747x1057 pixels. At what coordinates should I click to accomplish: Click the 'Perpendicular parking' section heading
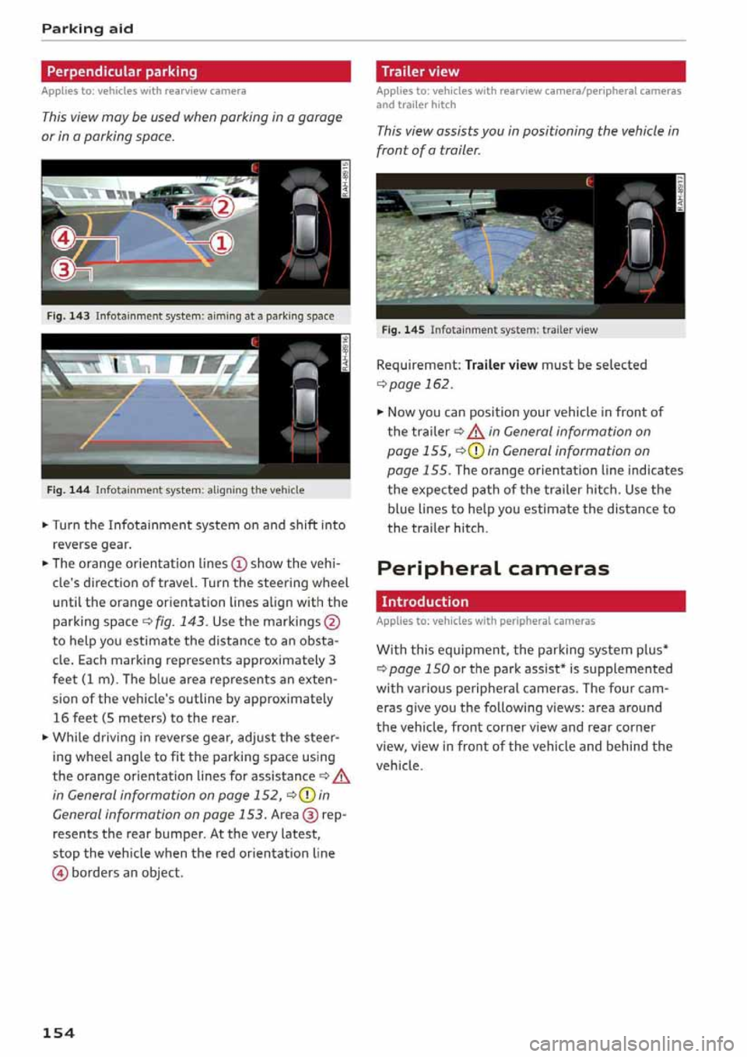tap(122, 72)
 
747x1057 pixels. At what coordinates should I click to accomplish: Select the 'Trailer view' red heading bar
tap(420, 72)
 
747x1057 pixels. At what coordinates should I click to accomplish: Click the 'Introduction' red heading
tap(425, 602)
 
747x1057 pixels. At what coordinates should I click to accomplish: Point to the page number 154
tap(58, 1033)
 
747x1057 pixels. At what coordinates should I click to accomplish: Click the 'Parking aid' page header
tap(87, 29)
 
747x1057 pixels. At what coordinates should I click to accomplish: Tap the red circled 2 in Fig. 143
tap(223, 206)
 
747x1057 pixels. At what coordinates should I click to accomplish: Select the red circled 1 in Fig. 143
tap(222, 244)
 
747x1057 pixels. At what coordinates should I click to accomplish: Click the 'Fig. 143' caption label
tap(68, 316)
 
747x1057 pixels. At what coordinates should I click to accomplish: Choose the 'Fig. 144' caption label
tap(68, 490)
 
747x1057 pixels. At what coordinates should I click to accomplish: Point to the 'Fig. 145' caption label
tap(403, 330)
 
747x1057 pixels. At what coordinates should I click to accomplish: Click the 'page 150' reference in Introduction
tap(419, 669)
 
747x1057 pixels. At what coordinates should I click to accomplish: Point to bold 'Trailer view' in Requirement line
tap(501, 364)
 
